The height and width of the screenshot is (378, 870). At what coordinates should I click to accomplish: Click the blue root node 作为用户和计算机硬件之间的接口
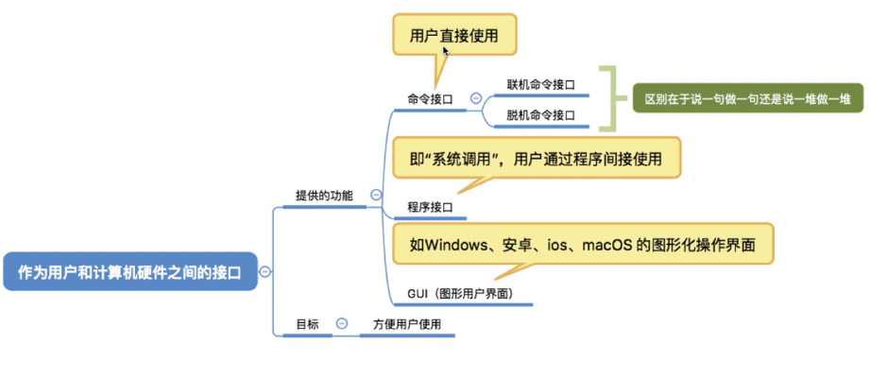(129, 271)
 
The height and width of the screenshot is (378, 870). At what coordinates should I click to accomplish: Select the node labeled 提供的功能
(324, 196)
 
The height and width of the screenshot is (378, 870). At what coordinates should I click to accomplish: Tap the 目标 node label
(308, 324)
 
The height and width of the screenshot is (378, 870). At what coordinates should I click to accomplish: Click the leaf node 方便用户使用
(407, 324)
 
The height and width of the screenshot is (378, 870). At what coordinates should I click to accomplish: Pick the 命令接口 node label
(430, 98)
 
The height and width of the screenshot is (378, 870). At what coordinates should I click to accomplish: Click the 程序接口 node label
(430, 206)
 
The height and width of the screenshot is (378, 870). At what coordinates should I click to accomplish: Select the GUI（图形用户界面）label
(460, 294)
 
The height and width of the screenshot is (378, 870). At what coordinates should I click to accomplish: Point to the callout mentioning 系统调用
(536, 158)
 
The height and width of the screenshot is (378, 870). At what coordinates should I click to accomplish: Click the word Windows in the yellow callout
(453, 245)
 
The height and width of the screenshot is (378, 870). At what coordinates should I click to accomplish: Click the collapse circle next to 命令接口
(475, 97)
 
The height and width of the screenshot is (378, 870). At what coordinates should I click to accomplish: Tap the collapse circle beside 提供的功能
(376, 196)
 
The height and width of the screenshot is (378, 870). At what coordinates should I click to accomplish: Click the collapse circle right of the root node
(265, 271)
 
